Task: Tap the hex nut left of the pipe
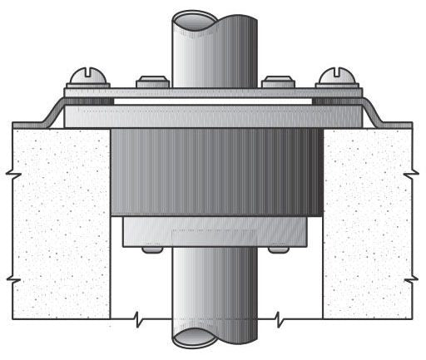(x=151, y=82)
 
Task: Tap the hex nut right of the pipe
(x=275, y=82)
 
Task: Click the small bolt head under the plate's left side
(x=151, y=249)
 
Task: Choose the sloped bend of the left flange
(x=52, y=112)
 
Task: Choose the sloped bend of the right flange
(x=374, y=112)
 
